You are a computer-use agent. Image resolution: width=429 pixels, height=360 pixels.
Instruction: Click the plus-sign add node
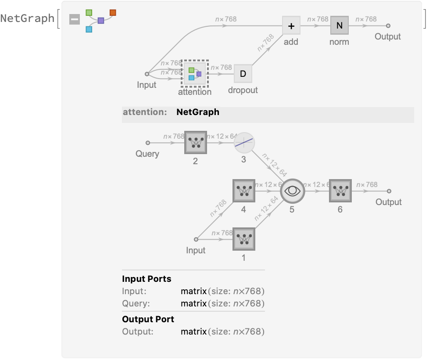point(291,26)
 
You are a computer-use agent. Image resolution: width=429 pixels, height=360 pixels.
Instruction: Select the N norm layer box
point(339,26)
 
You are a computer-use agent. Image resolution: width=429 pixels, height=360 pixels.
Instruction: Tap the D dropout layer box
point(243,74)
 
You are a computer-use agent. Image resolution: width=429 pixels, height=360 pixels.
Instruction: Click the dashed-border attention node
point(195,74)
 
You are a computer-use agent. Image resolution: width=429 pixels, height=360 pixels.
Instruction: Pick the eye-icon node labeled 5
point(292,191)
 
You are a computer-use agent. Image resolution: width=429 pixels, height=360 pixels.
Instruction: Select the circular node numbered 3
point(244,143)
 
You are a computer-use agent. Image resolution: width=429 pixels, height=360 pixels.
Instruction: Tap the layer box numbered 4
point(244,191)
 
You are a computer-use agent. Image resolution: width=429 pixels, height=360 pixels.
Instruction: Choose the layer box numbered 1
point(244,239)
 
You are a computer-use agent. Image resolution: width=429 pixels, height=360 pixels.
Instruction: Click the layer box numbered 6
point(340,191)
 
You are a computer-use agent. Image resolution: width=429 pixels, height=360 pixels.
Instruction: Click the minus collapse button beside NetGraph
point(75,19)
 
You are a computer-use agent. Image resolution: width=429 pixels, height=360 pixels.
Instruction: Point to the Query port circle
point(148,143)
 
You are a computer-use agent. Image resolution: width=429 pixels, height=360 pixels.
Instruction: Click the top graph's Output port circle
point(388,26)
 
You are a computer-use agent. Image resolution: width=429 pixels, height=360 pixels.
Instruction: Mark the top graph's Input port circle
point(147,74)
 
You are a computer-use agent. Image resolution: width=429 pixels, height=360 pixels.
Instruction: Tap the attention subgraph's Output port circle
point(389,191)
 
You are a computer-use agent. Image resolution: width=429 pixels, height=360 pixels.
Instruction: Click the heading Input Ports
point(147,279)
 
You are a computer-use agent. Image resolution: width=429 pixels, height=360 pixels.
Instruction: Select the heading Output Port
point(148,319)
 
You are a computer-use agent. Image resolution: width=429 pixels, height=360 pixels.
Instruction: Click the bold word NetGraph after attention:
point(197,112)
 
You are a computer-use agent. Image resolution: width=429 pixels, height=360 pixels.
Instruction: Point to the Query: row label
point(136,303)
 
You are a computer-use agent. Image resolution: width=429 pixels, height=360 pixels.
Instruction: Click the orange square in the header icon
point(113,12)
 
